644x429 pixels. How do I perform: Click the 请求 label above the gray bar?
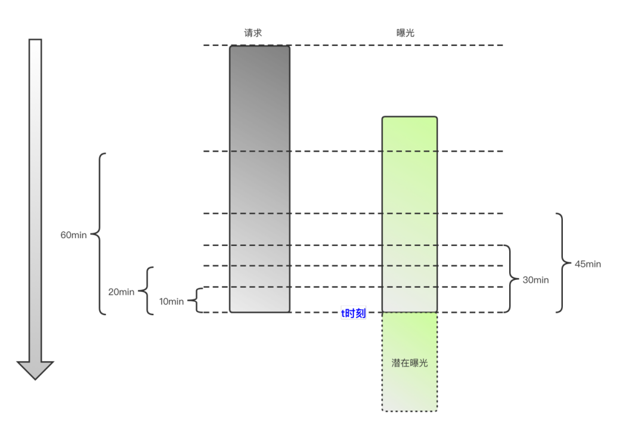tap(253, 33)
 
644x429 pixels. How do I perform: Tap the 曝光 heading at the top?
tap(405, 33)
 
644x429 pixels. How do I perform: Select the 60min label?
tap(73, 235)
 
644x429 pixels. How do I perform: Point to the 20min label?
tap(121, 292)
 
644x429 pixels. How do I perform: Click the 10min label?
tap(171, 301)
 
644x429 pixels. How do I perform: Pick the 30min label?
tap(535, 279)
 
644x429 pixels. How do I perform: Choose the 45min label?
tap(587, 264)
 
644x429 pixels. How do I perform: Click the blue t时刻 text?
tap(353, 313)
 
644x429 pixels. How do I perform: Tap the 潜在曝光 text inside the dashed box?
tap(410, 362)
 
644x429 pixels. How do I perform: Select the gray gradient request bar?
tap(259, 179)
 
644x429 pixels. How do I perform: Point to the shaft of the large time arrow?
tap(35, 197)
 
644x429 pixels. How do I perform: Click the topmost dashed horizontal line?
tap(358, 45)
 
